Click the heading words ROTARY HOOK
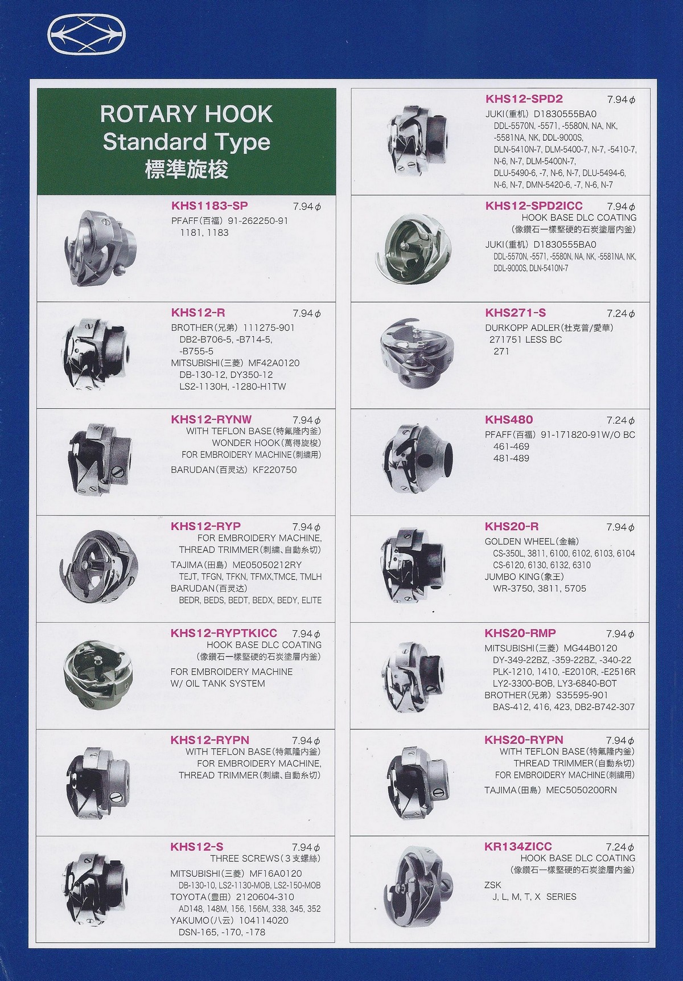click(x=186, y=114)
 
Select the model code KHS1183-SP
click(x=209, y=206)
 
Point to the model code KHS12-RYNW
click(x=211, y=420)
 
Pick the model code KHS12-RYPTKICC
click(x=224, y=633)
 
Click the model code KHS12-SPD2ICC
click(x=534, y=206)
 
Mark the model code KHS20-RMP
click(x=520, y=633)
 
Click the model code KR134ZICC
click(x=518, y=847)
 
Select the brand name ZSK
click(x=493, y=885)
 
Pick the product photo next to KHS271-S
click(x=418, y=356)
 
